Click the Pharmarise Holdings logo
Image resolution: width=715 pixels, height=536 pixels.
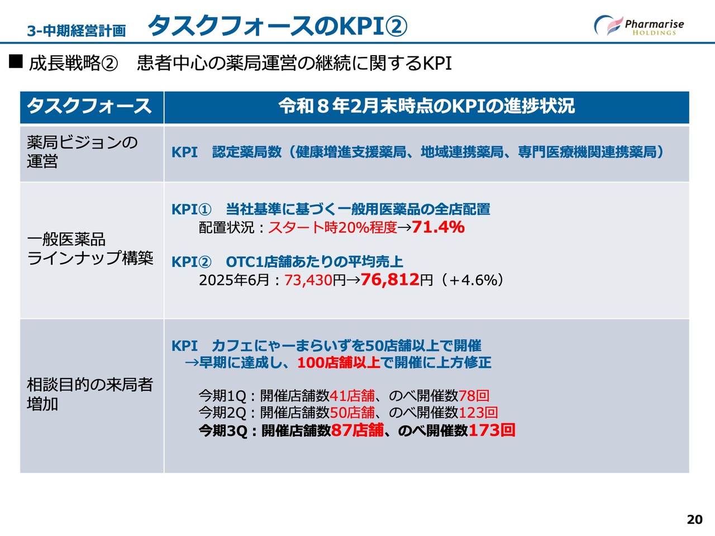(x=639, y=25)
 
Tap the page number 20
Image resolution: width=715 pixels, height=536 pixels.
(x=694, y=519)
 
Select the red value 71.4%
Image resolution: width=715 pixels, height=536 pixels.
(x=438, y=227)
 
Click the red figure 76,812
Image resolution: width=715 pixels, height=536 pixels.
(x=390, y=279)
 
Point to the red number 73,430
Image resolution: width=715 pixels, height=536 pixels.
(x=308, y=280)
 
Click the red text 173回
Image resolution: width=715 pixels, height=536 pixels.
(x=492, y=430)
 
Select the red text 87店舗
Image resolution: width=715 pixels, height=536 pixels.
(x=357, y=430)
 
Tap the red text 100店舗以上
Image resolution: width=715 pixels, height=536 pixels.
(x=339, y=362)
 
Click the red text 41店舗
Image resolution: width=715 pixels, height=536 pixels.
(x=352, y=396)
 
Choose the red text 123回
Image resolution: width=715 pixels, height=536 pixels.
(x=478, y=413)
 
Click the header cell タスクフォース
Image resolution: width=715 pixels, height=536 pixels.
(x=89, y=106)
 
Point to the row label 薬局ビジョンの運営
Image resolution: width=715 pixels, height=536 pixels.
(x=82, y=152)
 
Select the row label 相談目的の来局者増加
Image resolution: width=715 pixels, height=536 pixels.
(x=90, y=394)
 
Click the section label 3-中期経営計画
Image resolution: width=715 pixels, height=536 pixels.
(x=76, y=31)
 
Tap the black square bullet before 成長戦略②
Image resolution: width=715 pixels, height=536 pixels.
(x=16, y=61)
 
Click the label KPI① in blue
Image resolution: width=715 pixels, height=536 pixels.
(x=192, y=209)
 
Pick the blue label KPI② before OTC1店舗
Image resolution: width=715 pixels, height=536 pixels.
(x=192, y=262)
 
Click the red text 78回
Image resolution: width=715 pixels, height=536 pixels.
(x=474, y=396)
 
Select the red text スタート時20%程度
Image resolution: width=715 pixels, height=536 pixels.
(x=332, y=227)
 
